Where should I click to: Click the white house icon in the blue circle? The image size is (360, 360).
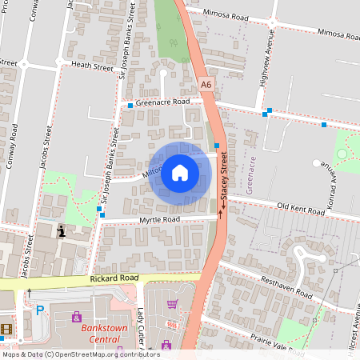coord(179,172)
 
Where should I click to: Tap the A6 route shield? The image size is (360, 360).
coord(206,84)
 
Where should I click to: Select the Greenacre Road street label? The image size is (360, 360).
coord(162,102)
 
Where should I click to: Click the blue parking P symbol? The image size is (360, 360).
coord(39,310)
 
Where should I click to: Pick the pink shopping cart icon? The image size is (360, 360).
coord(172,304)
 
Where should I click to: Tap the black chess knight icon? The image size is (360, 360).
coord(62,231)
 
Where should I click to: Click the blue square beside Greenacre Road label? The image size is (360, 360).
coord(130,105)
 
